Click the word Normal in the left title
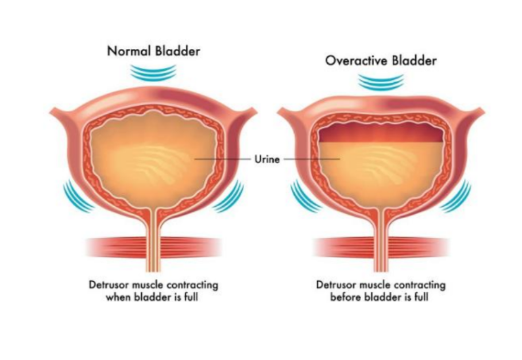point(129,51)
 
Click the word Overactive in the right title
point(356,60)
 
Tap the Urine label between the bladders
point(267,160)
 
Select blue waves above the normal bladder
point(153,73)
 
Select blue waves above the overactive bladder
point(381,82)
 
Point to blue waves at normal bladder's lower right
point(230,197)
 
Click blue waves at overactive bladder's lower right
point(457,197)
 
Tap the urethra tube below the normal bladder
point(153,241)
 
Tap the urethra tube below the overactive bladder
point(381,241)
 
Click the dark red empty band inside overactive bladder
point(381,133)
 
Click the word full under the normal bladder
point(191,297)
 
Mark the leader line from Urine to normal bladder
point(223,160)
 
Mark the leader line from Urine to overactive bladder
point(312,160)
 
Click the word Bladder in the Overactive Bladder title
point(414,60)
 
